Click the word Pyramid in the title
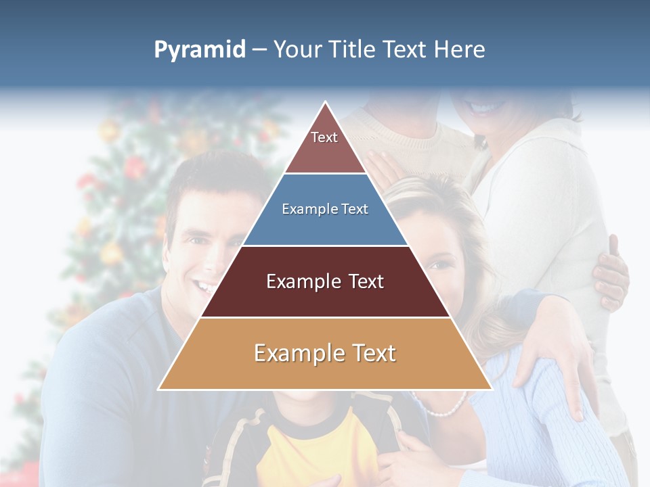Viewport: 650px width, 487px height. coord(200,50)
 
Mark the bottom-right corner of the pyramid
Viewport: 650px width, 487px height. coord(491,389)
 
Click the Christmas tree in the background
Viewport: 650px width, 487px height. coord(115,223)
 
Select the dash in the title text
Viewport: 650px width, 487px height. coord(259,50)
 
